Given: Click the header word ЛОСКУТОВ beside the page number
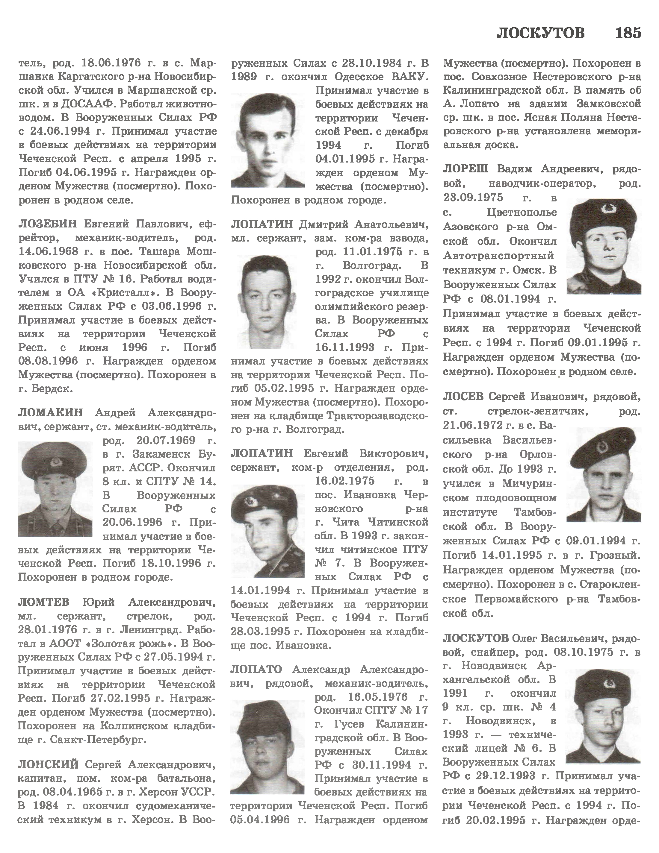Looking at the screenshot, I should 541,33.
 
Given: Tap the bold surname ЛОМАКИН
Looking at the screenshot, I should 50,412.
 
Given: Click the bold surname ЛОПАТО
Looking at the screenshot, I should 256,670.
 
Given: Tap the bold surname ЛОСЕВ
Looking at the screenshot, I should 463,397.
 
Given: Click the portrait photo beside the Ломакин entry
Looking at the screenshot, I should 55,489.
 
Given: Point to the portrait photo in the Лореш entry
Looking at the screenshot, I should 604,246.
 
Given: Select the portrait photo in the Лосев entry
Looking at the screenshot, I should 604,474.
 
